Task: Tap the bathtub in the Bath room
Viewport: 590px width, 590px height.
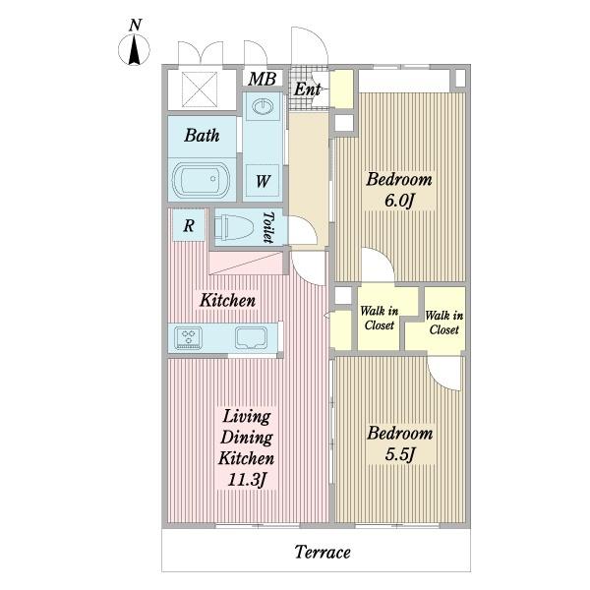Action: [201, 179]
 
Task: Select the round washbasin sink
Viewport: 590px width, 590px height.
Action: [262, 106]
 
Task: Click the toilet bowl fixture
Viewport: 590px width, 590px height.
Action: [233, 227]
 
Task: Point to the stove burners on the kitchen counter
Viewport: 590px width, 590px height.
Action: [188, 337]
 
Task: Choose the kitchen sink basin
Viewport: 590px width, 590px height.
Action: [251, 337]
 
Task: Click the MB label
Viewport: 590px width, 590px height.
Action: [263, 79]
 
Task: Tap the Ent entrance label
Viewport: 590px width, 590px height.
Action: [307, 89]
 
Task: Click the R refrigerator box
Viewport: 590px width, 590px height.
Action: [189, 225]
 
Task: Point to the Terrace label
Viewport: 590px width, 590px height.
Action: [323, 552]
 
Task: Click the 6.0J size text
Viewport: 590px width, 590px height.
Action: [399, 201]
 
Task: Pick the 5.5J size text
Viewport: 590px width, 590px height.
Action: [399, 454]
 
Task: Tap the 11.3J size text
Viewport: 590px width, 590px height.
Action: [247, 480]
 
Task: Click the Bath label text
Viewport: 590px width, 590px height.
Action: [202, 136]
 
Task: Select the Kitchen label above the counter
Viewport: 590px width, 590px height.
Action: [228, 300]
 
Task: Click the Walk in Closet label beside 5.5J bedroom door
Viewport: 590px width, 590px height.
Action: [444, 323]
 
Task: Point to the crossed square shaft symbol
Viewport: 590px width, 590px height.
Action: [200, 89]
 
